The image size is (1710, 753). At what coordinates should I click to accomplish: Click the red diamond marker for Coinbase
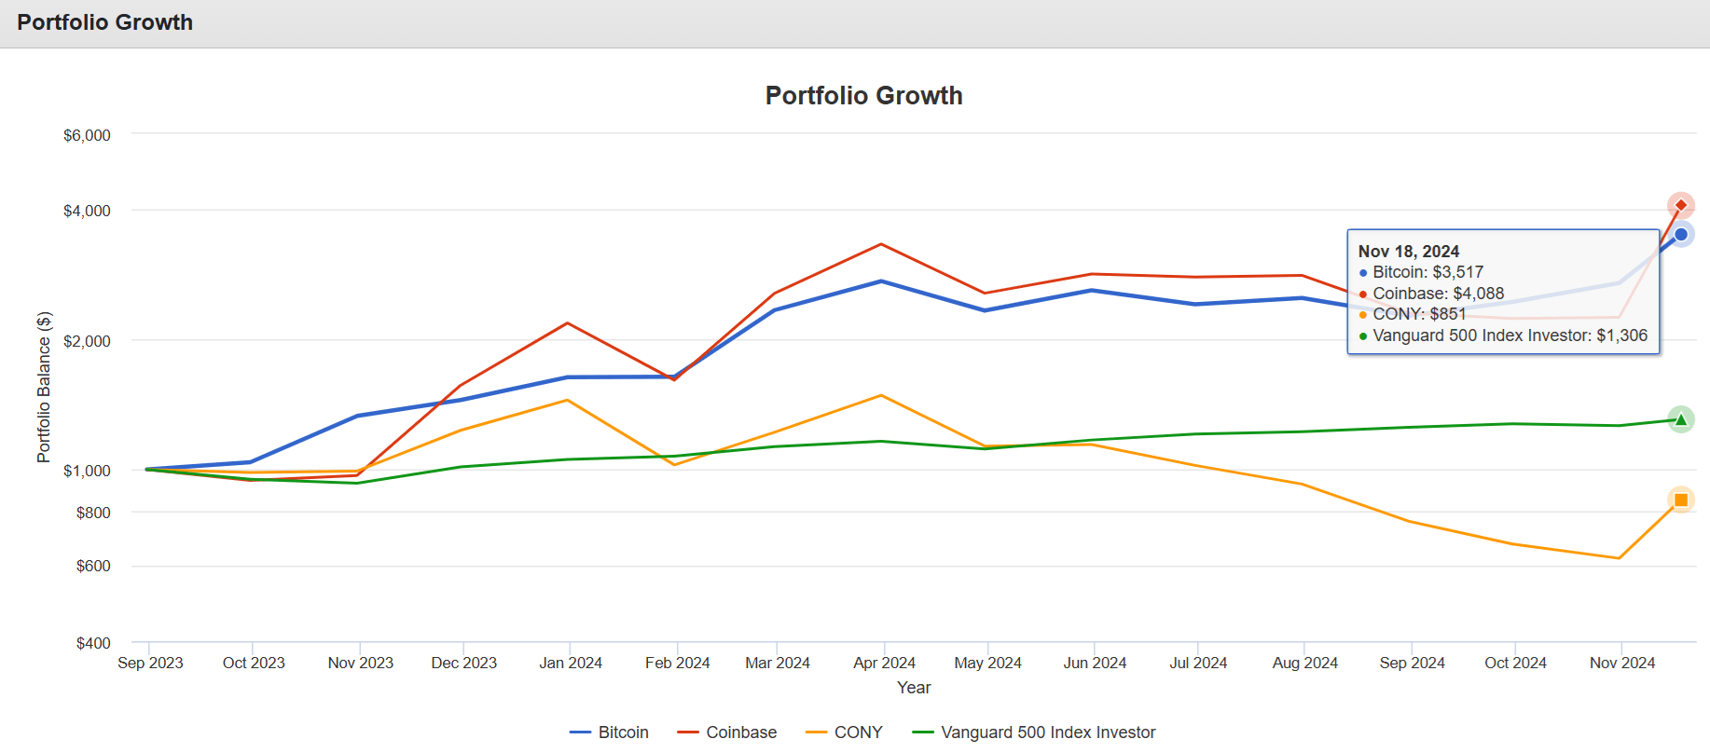click(1680, 205)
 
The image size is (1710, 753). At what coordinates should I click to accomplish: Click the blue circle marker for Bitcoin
click(1680, 235)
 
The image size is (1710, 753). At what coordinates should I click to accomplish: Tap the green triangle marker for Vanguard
click(1680, 420)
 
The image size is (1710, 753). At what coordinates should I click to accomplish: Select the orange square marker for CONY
click(1680, 500)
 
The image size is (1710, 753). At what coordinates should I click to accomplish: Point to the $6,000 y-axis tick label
click(87, 135)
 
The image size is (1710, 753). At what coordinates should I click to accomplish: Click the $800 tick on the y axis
click(93, 513)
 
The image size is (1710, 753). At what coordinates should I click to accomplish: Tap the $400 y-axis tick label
click(93, 643)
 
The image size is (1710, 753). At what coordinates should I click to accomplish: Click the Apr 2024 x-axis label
click(884, 663)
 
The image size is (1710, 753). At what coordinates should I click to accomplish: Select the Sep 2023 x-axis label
click(150, 663)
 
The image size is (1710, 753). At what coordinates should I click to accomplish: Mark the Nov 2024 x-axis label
click(1621, 663)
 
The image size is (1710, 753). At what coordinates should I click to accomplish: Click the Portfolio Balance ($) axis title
click(44, 387)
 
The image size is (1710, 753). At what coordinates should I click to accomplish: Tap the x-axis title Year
click(914, 688)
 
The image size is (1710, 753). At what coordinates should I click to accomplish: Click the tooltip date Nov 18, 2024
click(1408, 252)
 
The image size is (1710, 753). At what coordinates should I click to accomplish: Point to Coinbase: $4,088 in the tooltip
click(1438, 294)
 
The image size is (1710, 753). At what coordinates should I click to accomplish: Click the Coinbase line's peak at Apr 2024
click(881, 244)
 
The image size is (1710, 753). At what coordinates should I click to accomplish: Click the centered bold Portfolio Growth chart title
click(863, 96)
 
